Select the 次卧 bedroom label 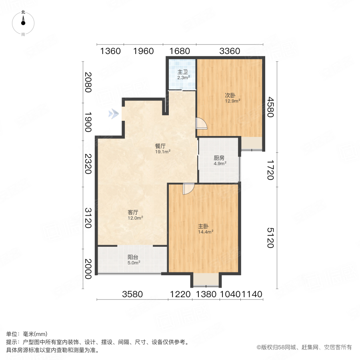(230, 96)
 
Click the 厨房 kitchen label (219, 157)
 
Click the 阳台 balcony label (133, 258)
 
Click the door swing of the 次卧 (202, 124)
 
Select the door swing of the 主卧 (188, 189)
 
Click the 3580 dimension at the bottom (132, 295)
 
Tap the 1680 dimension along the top (180, 51)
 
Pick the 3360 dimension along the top (230, 51)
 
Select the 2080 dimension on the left (88, 82)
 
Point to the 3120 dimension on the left (88, 218)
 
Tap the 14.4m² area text (206, 232)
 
